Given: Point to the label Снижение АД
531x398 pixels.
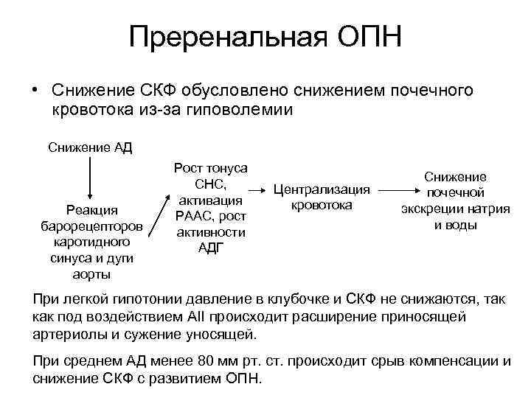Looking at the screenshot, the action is (x=90, y=147).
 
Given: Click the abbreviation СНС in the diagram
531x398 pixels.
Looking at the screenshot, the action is (x=208, y=184).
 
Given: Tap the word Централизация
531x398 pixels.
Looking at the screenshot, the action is (x=321, y=190).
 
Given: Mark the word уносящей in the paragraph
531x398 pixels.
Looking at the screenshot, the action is (x=225, y=333).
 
